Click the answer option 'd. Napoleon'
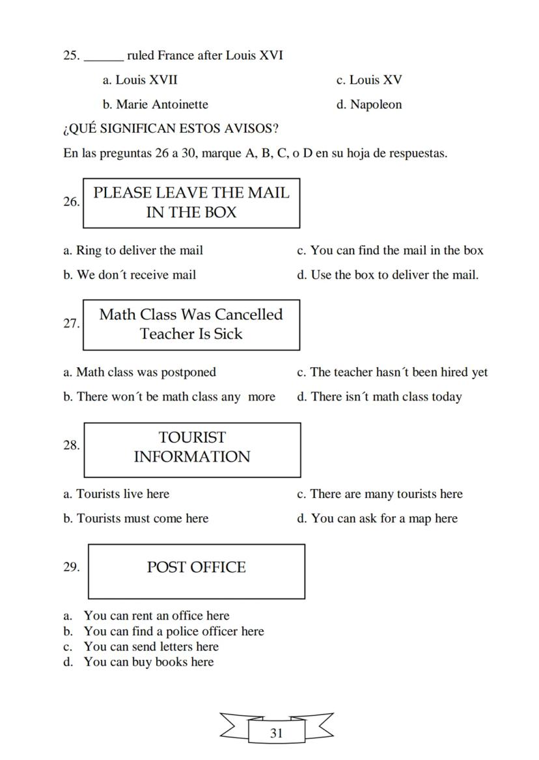[x=368, y=105]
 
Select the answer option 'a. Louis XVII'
[x=140, y=80]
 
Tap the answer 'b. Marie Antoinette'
[x=156, y=105]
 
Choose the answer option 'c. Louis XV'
[x=369, y=80]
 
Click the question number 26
[x=72, y=202]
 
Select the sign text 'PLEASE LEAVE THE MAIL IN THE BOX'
[x=191, y=202]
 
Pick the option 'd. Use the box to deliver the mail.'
[x=387, y=275]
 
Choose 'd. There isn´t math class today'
[x=379, y=397]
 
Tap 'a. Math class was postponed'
[x=139, y=373]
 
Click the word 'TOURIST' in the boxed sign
[x=192, y=438]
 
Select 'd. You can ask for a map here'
[x=377, y=518]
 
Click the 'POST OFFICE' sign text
[x=196, y=568]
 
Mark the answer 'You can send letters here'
[x=150, y=647]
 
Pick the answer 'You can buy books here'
[x=148, y=662]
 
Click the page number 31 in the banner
[x=276, y=733]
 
